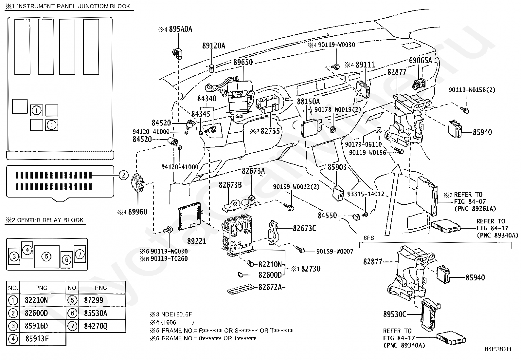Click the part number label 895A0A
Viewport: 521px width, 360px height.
[x=180, y=29]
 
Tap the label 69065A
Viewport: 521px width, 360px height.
[x=420, y=61]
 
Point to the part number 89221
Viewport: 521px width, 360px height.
[x=197, y=241]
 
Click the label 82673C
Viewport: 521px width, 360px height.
[x=304, y=228]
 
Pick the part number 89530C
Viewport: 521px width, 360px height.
[x=395, y=314]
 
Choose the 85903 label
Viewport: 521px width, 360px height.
[x=337, y=167]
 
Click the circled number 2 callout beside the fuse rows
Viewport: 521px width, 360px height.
[x=123, y=175]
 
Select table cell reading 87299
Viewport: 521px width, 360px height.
[x=94, y=300]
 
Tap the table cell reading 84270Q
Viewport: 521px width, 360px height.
[x=96, y=326]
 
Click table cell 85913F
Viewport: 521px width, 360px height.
[x=37, y=339]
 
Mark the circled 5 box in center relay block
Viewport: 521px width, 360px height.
[x=47, y=256]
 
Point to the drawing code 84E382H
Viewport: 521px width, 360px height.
[x=498, y=349]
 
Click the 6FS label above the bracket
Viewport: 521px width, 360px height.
[x=369, y=238]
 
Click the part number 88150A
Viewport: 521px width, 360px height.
[x=308, y=102]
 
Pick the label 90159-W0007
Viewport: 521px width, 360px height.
[x=334, y=252]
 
